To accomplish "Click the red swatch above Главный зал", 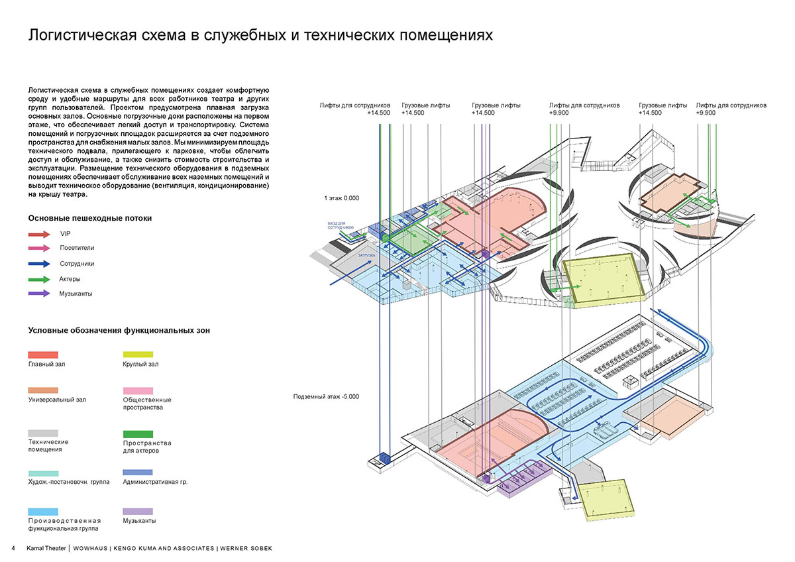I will pyautogui.click(x=43, y=355).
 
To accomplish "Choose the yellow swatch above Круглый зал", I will pyautogui.click(x=138, y=355).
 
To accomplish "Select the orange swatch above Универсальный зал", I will pyautogui.click(x=43, y=391).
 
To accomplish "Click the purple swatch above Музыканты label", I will pyautogui.click(x=138, y=512).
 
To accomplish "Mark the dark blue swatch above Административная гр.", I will pyautogui.click(x=138, y=473).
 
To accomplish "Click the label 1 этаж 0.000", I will pyautogui.click(x=341, y=199).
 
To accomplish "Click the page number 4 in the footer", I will pyautogui.click(x=13, y=548).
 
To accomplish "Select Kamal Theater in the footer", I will pyautogui.click(x=46, y=548).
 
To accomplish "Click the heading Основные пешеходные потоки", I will pyautogui.click(x=90, y=218).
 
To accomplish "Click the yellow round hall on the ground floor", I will pyautogui.click(x=604, y=278).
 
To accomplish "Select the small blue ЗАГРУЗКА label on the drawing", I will pyautogui.click(x=366, y=255).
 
